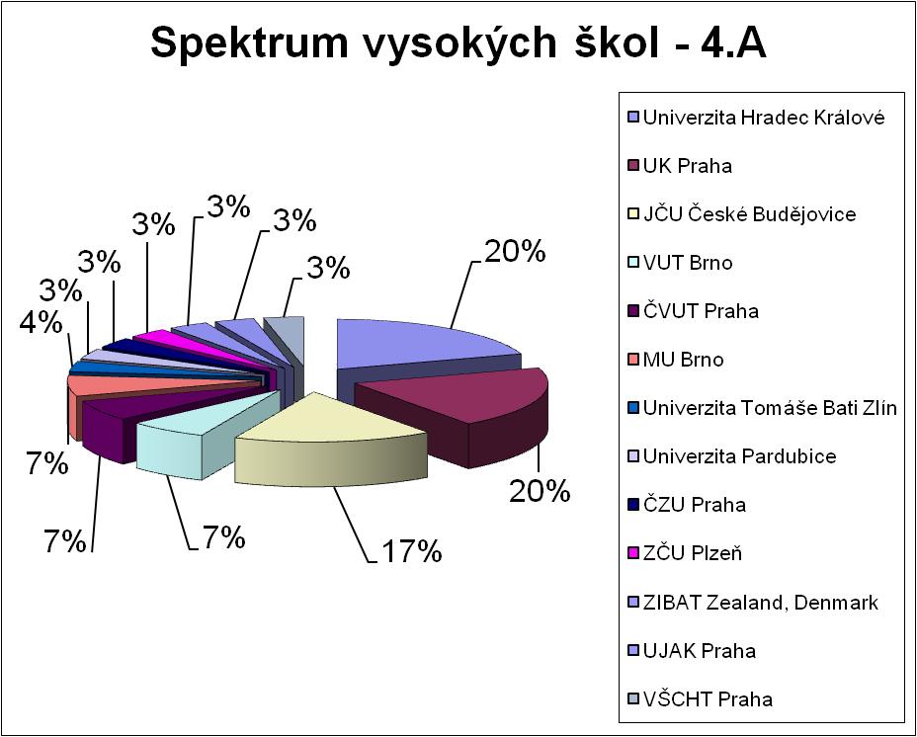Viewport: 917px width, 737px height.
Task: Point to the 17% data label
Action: (x=412, y=551)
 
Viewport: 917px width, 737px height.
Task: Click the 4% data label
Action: (x=41, y=322)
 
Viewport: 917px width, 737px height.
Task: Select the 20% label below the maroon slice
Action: (x=540, y=490)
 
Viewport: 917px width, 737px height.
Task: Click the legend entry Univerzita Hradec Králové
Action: (x=757, y=118)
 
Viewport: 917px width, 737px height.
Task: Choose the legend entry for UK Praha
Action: (x=680, y=166)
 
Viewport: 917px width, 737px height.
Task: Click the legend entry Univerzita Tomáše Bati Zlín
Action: (x=763, y=408)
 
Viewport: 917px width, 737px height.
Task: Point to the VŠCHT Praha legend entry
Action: (x=701, y=699)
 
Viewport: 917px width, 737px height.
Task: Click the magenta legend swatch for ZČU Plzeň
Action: (x=632, y=553)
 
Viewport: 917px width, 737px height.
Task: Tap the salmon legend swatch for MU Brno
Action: (x=632, y=360)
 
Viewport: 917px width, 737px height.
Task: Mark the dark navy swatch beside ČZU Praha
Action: (x=632, y=505)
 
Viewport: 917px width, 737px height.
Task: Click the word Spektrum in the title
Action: (x=250, y=43)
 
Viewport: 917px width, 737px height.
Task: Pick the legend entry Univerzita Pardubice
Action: (x=732, y=456)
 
